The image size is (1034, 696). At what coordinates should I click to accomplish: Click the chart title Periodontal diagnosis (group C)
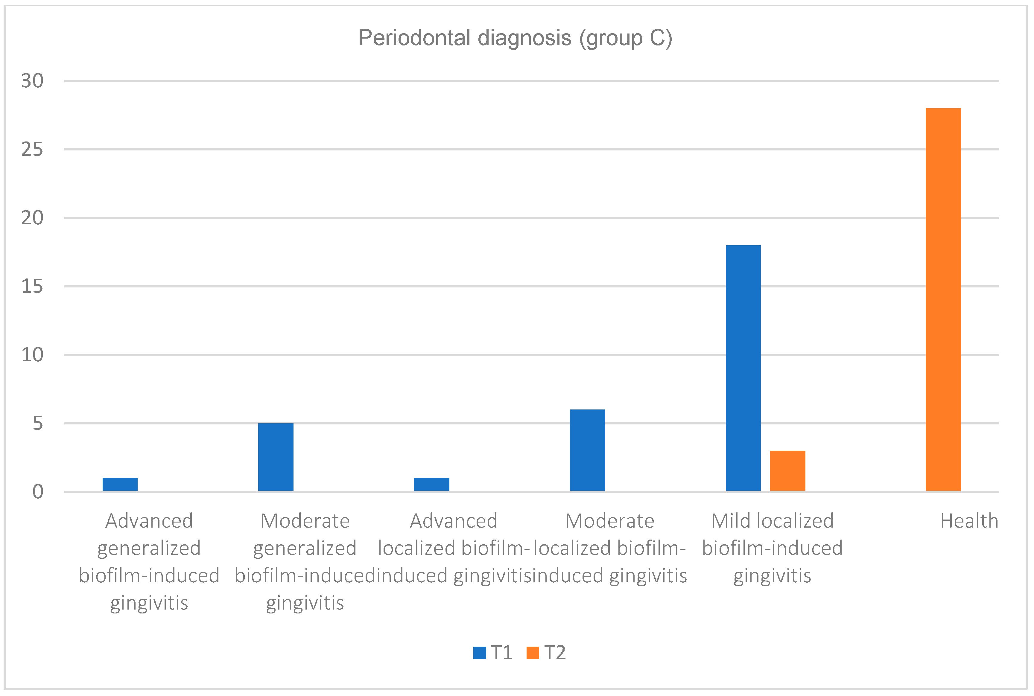(515, 38)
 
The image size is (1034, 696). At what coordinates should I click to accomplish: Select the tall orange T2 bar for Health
(943, 300)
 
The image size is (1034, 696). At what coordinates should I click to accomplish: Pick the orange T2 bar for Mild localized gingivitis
(787, 471)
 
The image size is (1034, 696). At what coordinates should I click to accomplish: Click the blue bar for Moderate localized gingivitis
(587, 450)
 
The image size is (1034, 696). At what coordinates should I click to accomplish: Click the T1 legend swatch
(480, 653)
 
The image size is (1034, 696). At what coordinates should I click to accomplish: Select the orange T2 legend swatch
(532, 653)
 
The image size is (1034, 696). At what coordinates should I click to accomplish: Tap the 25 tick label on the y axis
(32, 150)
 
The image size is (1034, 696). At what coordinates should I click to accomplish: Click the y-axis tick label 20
(32, 218)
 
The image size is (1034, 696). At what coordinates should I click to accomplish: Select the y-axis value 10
(32, 355)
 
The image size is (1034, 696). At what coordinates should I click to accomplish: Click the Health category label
(969, 521)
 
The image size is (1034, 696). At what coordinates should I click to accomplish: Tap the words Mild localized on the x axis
(772, 521)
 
